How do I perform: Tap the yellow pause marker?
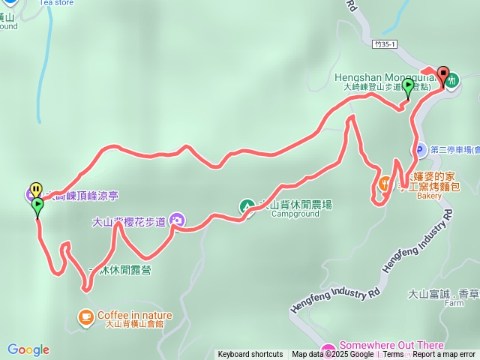coord(35,190)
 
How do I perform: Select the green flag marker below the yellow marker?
coord(37,205)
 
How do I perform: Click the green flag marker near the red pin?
coord(408,88)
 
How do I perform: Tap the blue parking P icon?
coord(423,149)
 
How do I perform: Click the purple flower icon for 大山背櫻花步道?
coord(177,220)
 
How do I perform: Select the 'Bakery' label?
coord(430,196)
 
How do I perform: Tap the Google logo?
coord(28,349)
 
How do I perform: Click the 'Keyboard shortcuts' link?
coord(250,355)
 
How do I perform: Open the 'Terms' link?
coord(393,355)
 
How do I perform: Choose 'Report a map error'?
coord(444,355)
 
